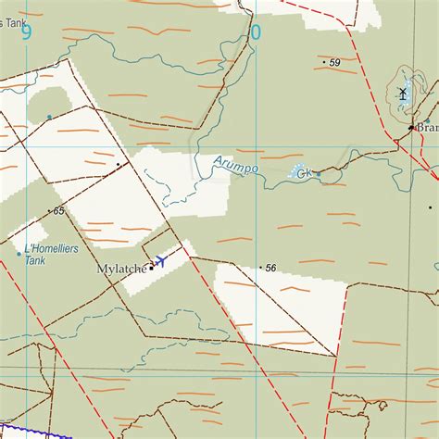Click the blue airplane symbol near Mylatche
(160, 261)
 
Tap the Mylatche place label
(121, 270)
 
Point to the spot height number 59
(335, 63)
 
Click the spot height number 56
(270, 268)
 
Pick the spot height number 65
(59, 211)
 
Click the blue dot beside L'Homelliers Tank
(19, 253)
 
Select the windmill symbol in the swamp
(403, 93)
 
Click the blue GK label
(302, 172)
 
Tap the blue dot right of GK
(318, 173)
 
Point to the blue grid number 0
(256, 33)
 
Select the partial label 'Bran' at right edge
(427, 128)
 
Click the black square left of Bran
(410, 127)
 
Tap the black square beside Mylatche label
(151, 269)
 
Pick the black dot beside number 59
(324, 63)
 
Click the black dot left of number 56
(260, 268)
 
